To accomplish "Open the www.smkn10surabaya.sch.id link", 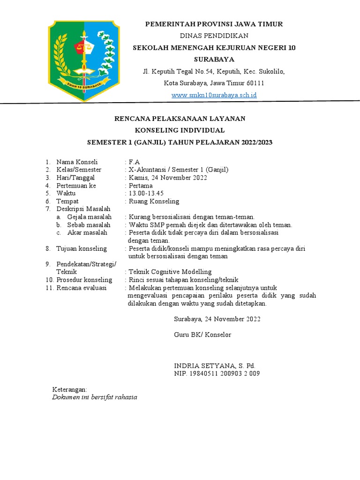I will (x=214, y=95).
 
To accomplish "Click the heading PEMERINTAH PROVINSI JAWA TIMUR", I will (x=214, y=24).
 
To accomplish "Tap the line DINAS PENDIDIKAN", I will (x=214, y=36).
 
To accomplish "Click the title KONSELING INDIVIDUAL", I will (x=180, y=130).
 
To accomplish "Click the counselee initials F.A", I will (x=135, y=162).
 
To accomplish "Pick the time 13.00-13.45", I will (x=146, y=193).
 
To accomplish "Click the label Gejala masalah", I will (x=90, y=217).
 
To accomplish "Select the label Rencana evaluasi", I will (x=82, y=287).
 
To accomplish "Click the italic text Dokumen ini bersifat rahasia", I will (x=94, y=397).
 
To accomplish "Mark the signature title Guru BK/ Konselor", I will (x=202, y=335).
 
